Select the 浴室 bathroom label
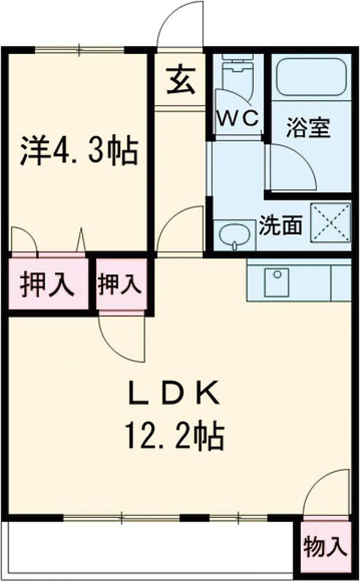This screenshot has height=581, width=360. [308, 128]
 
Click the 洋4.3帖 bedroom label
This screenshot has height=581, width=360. [79, 150]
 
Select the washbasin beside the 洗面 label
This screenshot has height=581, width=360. [235, 236]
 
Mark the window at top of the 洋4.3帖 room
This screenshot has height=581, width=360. [80, 50]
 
